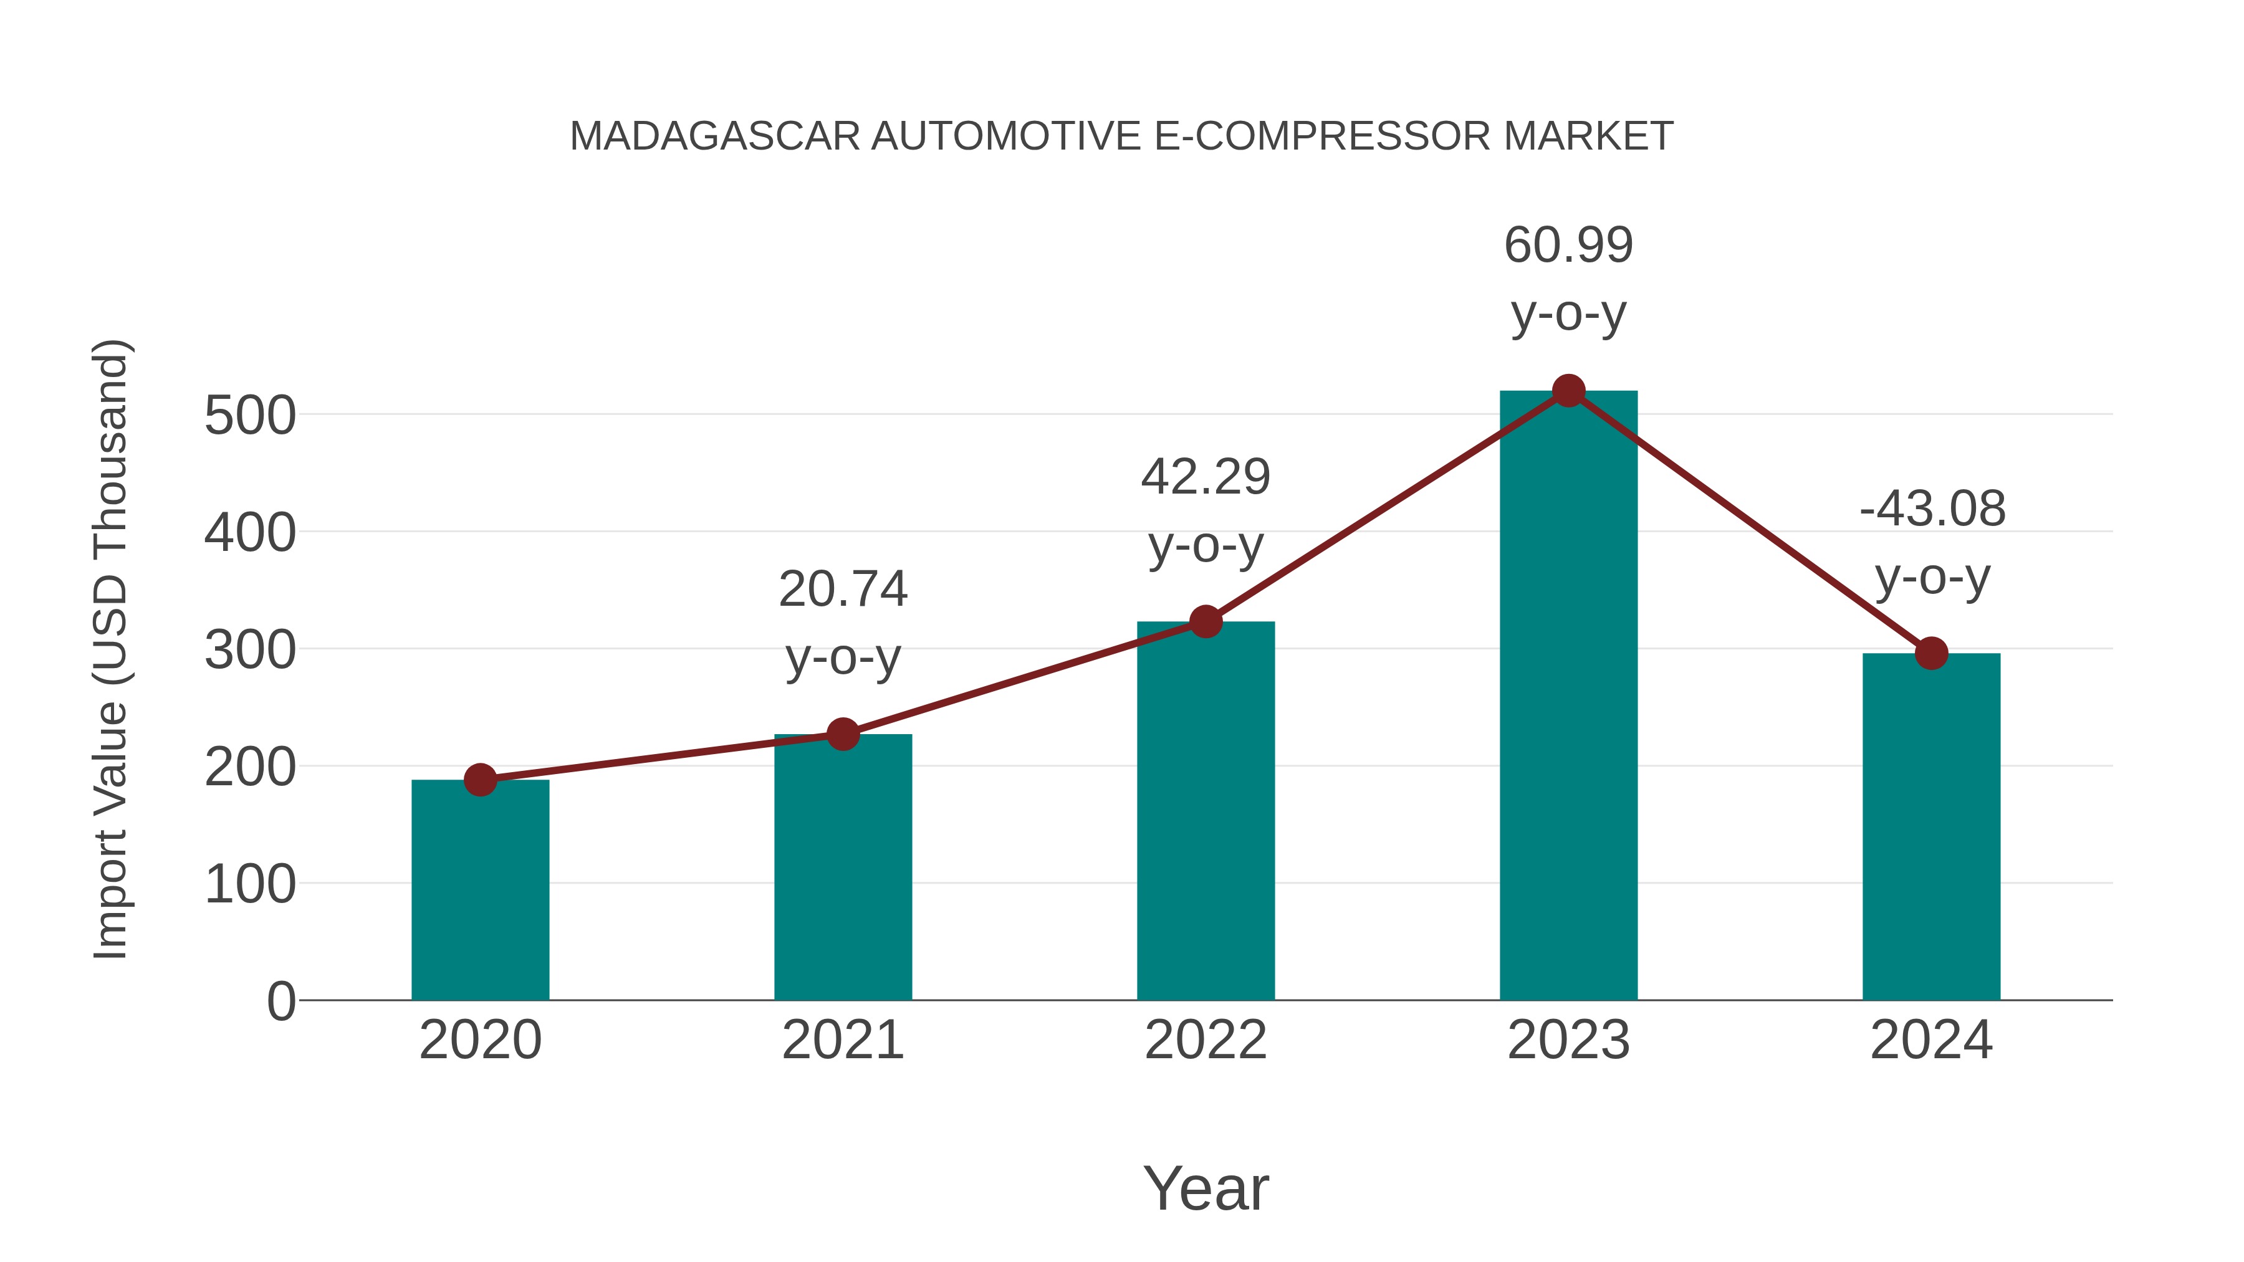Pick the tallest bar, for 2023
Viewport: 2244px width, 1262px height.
1568,697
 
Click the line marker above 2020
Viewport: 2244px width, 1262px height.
480,780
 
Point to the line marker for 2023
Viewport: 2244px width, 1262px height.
1568,391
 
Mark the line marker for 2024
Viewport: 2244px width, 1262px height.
1931,653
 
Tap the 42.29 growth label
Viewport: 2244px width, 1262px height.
1206,477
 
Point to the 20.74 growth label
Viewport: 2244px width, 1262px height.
842,590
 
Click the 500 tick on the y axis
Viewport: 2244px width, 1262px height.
249,416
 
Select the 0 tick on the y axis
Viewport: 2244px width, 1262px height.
280,1001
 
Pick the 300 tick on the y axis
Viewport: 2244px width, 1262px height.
249,650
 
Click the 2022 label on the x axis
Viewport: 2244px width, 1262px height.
1206,1040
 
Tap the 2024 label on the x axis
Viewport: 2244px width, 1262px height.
1931,1040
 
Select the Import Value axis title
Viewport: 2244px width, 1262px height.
110,649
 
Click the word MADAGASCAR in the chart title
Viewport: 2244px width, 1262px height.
715,136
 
